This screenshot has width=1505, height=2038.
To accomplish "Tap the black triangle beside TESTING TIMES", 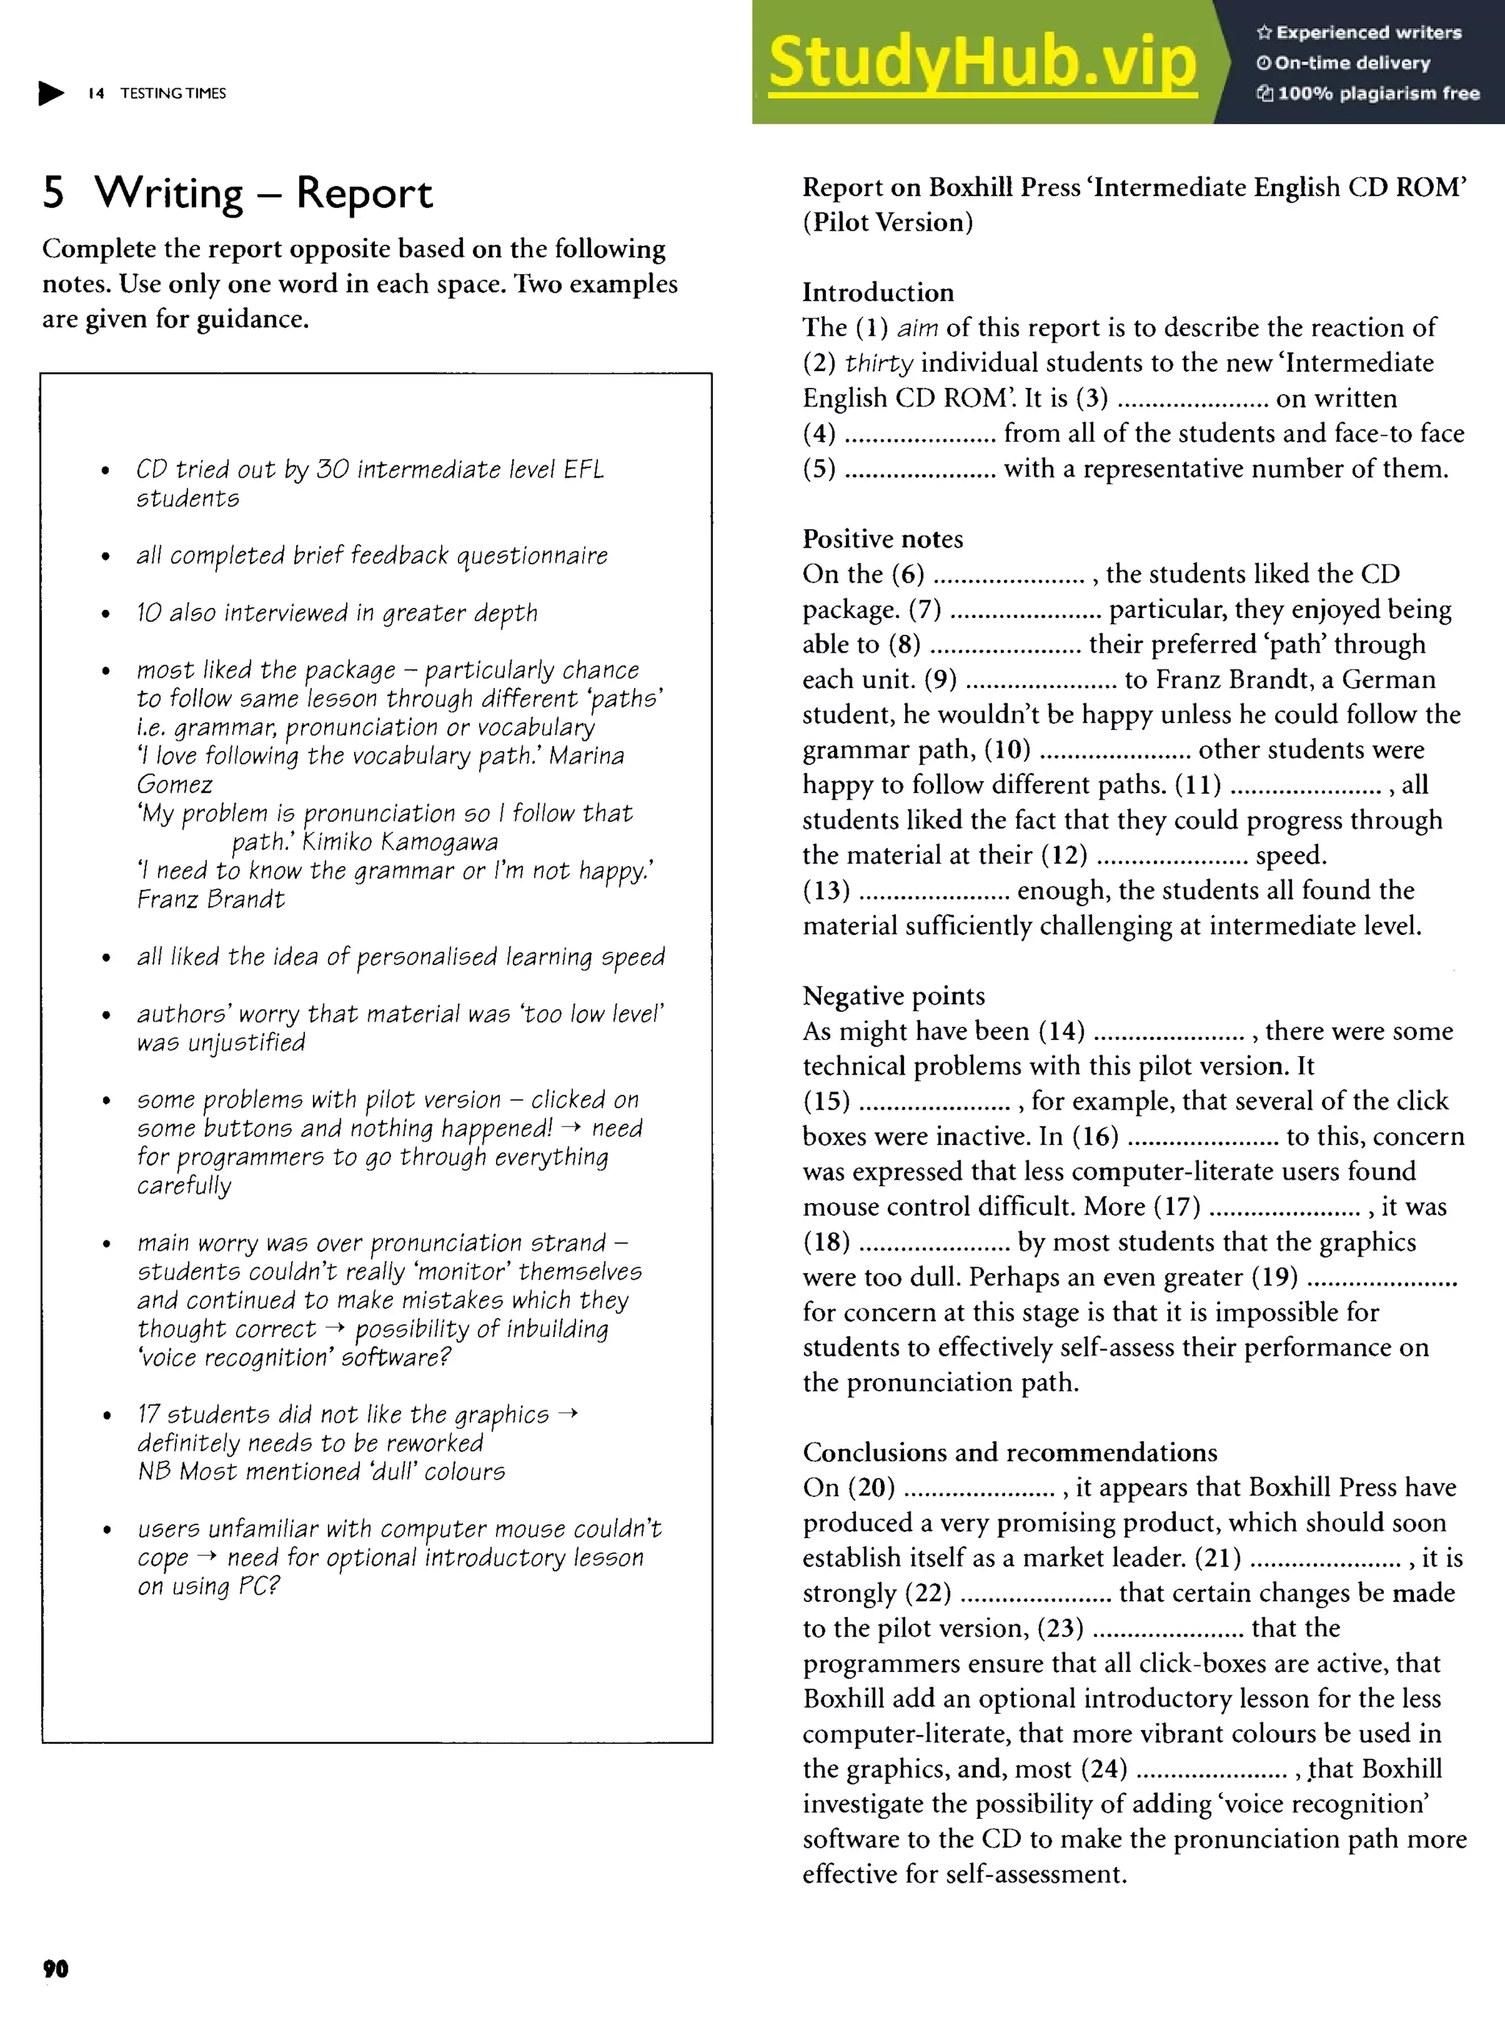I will (51, 93).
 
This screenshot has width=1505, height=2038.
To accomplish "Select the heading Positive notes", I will (882, 539).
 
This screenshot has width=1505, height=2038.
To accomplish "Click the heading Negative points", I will (893, 996).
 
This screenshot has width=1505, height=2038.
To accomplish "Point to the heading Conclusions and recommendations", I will (1010, 1452).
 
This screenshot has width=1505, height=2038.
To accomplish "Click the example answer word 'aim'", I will (917, 328).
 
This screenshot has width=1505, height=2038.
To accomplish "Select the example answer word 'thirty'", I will (878, 364).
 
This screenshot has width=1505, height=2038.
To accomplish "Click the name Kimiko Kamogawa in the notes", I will (400, 842).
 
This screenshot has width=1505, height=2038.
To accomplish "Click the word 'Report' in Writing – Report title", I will (364, 194).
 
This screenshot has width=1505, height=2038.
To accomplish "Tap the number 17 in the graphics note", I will (148, 1414).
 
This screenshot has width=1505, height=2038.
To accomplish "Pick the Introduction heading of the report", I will (877, 293).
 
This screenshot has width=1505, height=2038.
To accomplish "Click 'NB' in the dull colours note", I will (154, 1471).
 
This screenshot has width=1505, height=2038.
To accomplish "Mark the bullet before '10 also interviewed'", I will (107, 614).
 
